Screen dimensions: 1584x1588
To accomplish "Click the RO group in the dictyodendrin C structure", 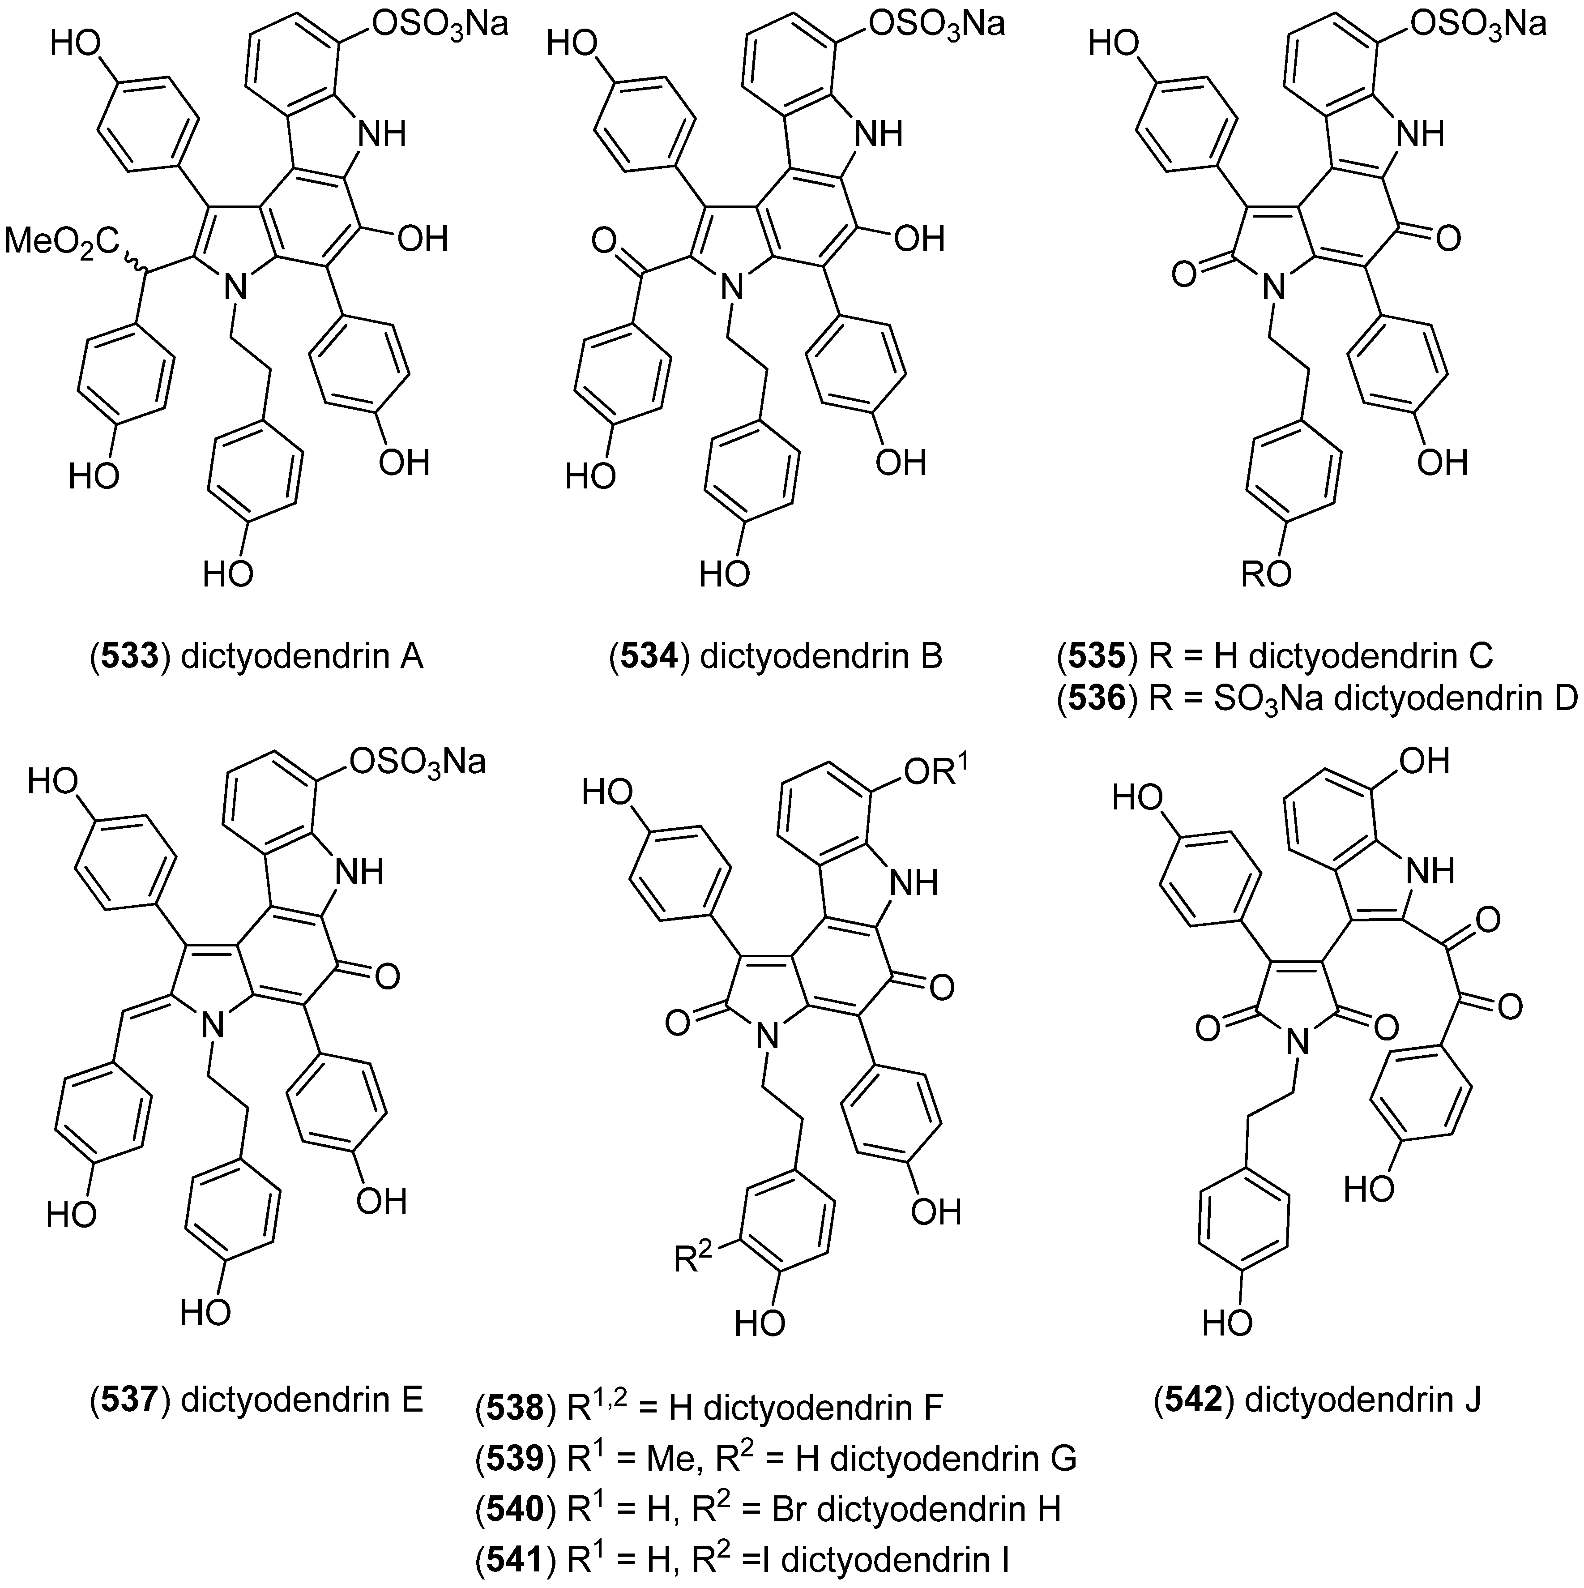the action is [x=1265, y=574].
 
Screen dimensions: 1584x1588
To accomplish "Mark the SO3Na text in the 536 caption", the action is [x=1257, y=699].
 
